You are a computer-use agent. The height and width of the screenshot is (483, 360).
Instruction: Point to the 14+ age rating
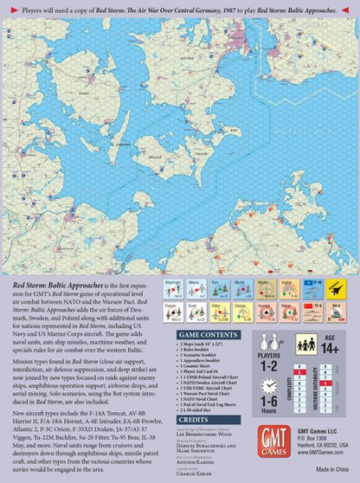[x=327, y=349]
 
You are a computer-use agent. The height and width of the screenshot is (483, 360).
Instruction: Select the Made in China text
[x=332, y=468]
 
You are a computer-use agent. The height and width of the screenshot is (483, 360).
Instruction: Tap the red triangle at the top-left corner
[x=4, y=4]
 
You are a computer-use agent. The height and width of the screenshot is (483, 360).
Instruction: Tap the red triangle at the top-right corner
[x=355, y=4]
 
